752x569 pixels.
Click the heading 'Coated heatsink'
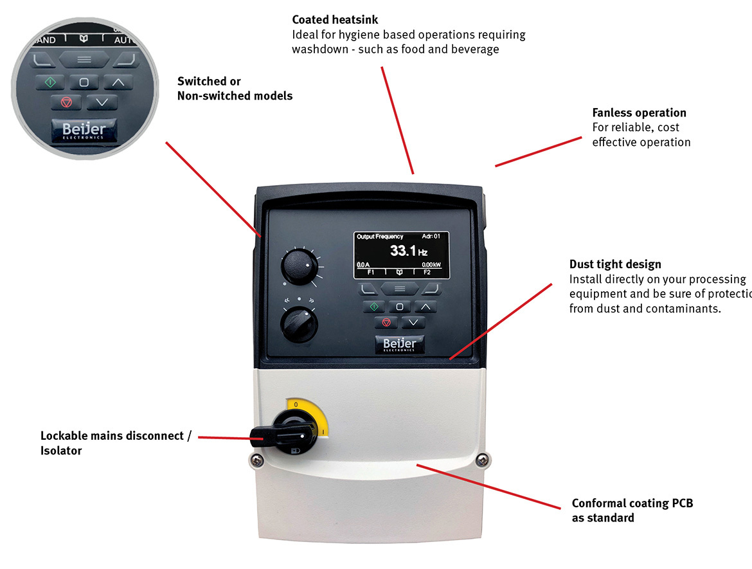[x=335, y=21]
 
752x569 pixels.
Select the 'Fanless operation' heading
[x=639, y=113]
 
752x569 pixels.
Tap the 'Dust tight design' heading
[x=614, y=264]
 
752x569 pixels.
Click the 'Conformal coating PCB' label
[x=632, y=503]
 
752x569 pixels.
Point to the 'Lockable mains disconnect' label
[x=116, y=436]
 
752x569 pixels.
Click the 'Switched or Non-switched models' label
[x=235, y=89]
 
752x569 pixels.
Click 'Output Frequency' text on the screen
[x=380, y=237]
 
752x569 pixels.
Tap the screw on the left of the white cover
[x=256, y=460]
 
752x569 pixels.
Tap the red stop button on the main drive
[x=386, y=322]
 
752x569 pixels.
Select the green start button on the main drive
[x=373, y=307]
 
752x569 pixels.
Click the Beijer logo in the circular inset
[x=83, y=131]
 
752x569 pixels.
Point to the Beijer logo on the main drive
[x=399, y=345]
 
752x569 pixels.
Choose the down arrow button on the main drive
[x=413, y=322]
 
